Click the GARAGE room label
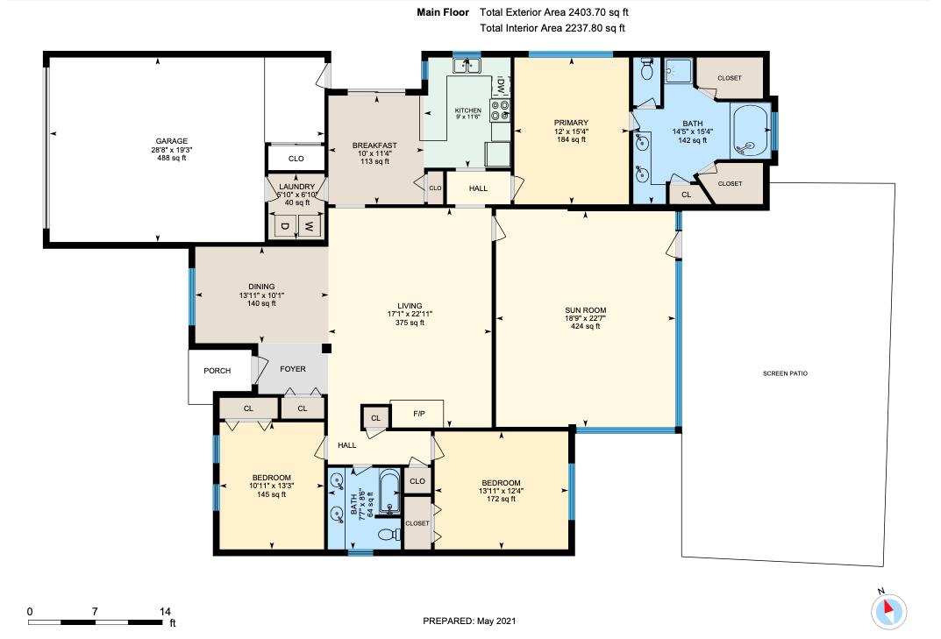point(172,141)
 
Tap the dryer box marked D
point(284,226)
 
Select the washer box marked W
point(309,226)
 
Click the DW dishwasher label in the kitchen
point(501,85)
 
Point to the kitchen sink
point(467,66)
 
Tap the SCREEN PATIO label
point(785,373)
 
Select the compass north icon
point(890,609)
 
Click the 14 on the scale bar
point(165,611)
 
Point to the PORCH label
point(217,371)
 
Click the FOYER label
point(292,369)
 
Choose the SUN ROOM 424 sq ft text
point(585,326)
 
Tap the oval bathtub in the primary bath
point(752,131)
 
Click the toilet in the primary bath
point(646,68)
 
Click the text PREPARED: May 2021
point(469,621)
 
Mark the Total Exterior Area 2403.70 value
point(596,12)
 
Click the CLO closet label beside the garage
point(296,159)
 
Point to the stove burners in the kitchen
point(500,109)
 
